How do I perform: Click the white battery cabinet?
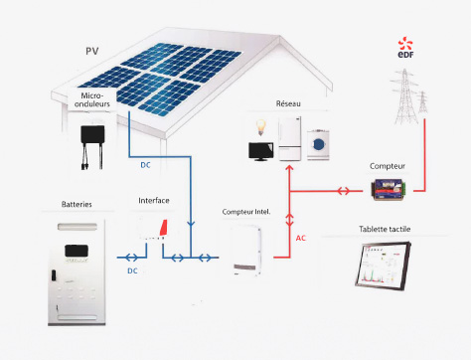coord(74,270)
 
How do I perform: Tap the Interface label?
coord(154,201)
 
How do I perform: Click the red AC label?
coord(304,239)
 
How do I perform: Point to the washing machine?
coord(321,145)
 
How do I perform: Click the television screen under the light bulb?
coord(261,150)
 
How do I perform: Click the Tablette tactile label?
coord(385,230)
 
